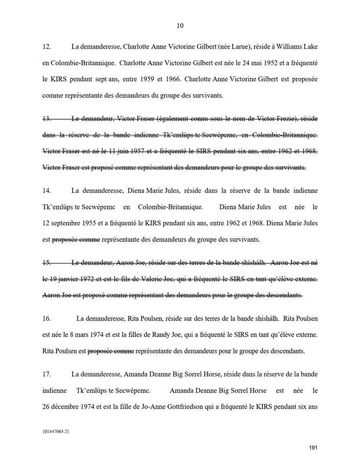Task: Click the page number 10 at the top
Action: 180,25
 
